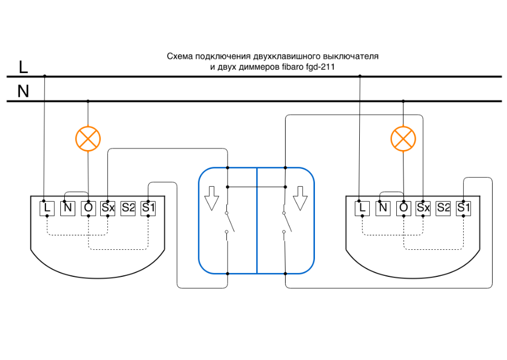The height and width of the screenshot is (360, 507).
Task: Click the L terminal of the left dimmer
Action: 47,208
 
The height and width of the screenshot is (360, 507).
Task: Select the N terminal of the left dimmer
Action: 68,208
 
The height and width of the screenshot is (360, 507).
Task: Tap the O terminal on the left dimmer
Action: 88,208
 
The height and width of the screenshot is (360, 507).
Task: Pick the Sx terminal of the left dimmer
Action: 108,208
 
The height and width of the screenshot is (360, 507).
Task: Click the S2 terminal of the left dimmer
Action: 128,208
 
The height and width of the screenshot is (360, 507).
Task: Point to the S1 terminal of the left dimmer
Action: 148,208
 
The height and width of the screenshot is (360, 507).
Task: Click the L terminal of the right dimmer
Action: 363,208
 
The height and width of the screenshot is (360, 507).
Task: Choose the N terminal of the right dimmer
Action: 382,208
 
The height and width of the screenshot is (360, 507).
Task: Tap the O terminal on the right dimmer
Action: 403,208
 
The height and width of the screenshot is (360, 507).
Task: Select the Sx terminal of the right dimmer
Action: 423,208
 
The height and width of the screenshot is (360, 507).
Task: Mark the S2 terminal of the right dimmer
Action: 443,208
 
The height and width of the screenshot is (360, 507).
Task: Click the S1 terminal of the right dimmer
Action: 463,208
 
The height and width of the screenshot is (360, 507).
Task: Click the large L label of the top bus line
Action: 23,68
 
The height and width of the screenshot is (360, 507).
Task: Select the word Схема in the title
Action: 179,56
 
